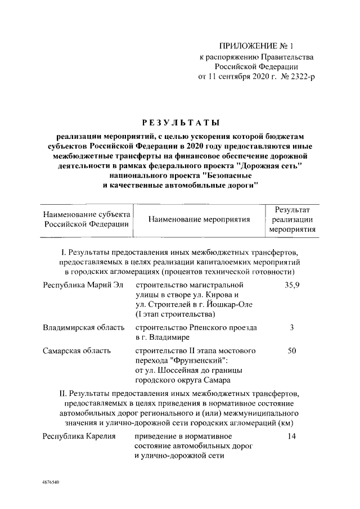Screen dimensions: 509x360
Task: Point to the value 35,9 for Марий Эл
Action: click(x=292, y=286)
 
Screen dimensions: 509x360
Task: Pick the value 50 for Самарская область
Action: click(x=292, y=350)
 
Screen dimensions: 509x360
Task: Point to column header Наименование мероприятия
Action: click(x=199, y=219)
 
